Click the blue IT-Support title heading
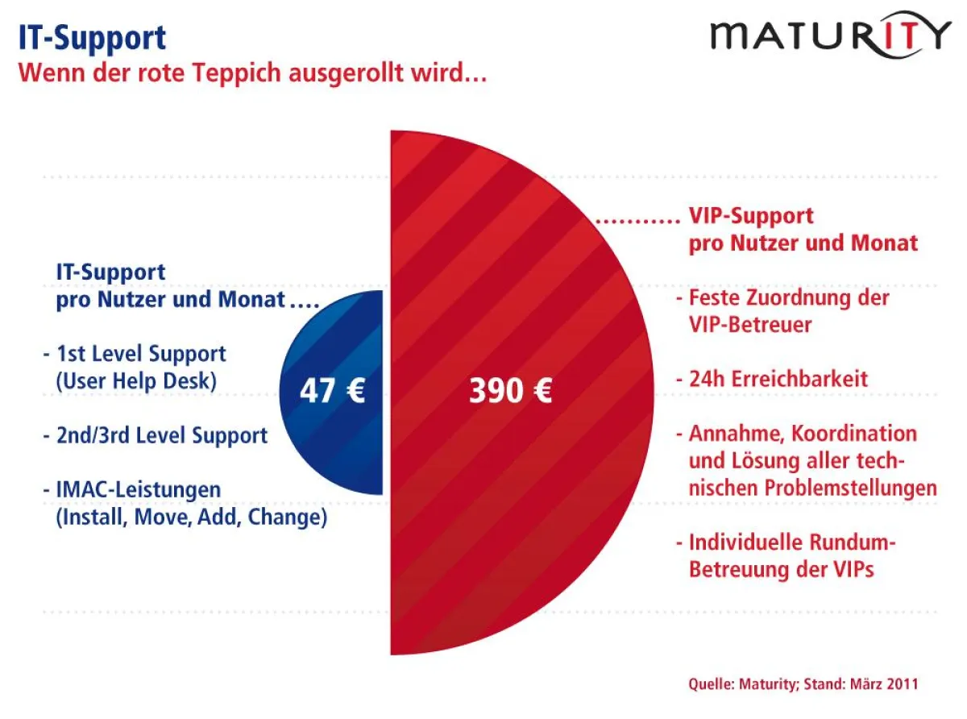coord(92,37)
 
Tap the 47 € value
coord(332,392)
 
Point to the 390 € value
coord(510,392)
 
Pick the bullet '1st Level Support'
coord(140,354)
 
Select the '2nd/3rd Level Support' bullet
coord(161,436)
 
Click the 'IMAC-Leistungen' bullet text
coord(137,490)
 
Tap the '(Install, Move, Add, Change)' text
coord(191,517)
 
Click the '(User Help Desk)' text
coord(136,381)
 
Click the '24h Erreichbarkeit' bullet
coord(778,378)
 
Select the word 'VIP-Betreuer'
coord(749,325)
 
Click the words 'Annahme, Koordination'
coord(802,433)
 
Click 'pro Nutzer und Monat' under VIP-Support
coord(803,243)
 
